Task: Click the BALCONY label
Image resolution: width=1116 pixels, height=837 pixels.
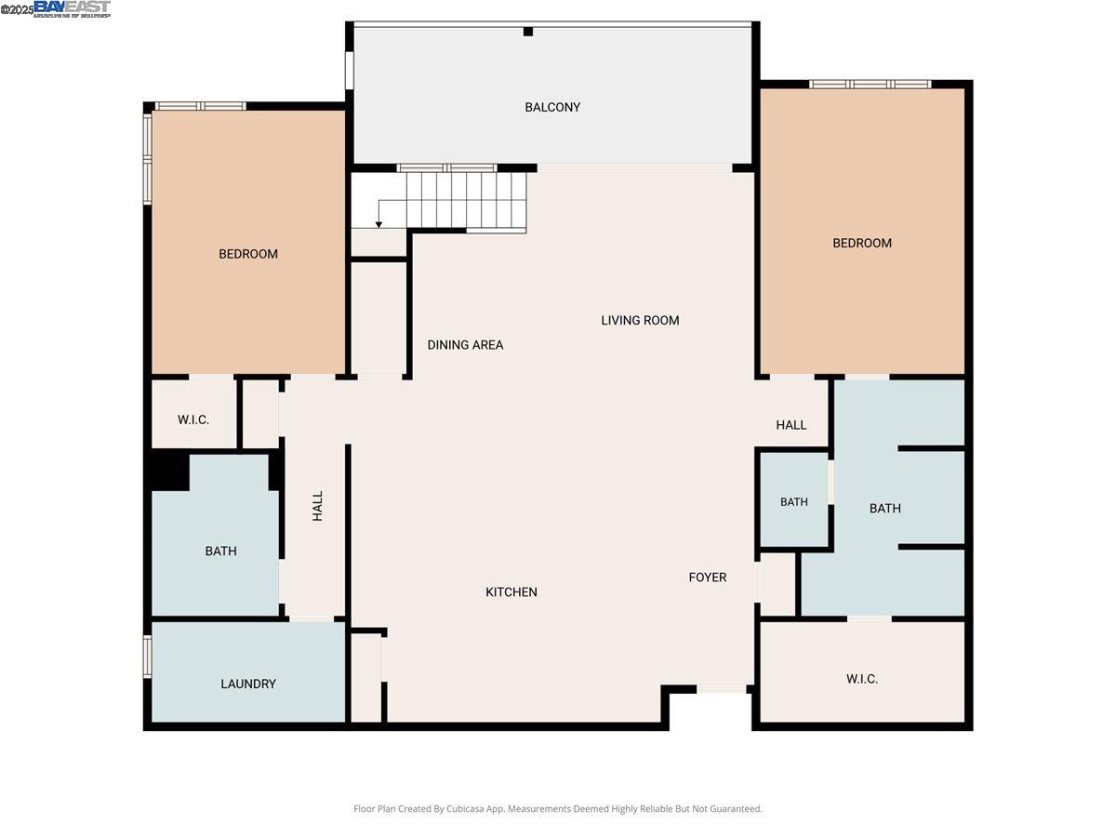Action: click(x=552, y=107)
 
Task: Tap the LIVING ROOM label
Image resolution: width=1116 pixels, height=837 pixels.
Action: click(x=640, y=320)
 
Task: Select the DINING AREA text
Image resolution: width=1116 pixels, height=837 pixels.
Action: click(x=465, y=345)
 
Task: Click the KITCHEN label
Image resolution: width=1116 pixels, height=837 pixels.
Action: click(x=511, y=592)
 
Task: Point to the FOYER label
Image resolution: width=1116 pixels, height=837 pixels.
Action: click(x=708, y=578)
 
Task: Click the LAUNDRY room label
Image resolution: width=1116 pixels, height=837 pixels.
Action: click(x=248, y=684)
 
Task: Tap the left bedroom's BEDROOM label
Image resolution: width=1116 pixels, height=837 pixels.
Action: click(x=248, y=254)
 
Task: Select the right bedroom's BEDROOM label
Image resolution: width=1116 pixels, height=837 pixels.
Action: click(x=862, y=243)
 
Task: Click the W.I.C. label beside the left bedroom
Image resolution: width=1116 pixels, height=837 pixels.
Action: click(x=193, y=419)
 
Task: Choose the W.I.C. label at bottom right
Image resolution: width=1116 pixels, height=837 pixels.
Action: click(x=862, y=679)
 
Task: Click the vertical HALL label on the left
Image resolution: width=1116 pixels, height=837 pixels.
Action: click(x=318, y=506)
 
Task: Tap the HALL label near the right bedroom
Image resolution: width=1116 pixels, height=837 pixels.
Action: click(x=791, y=425)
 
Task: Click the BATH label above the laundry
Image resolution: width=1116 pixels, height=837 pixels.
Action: click(x=220, y=551)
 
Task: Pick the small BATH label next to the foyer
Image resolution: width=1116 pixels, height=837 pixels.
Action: click(x=794, y=502)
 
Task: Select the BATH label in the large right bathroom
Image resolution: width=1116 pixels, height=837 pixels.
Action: click(x=885, y=509)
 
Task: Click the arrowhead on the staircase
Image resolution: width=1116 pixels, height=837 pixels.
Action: click(x=379, y=223)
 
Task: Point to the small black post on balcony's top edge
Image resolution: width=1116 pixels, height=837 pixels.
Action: click(x=528, y=32)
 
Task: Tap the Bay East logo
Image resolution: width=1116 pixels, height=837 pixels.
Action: click(x=72, y=8)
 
